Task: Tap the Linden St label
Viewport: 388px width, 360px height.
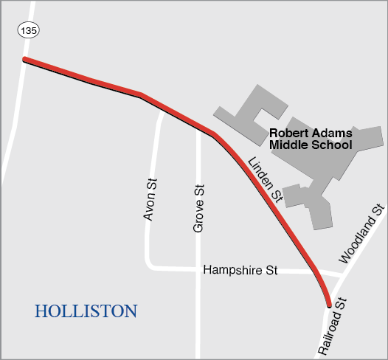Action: coord(266,180)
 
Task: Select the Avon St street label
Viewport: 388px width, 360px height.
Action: coord(150,199)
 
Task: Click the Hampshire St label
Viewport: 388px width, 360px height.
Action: coord(240,271)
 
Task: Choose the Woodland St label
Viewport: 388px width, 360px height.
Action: coord(362,235)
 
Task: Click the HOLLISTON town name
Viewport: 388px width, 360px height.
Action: coord(86,311)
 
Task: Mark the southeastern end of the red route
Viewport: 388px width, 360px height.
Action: coord(329,303)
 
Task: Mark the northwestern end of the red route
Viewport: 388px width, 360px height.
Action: coord(25,59)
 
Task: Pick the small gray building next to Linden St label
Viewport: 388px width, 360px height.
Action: coord(295,195)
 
